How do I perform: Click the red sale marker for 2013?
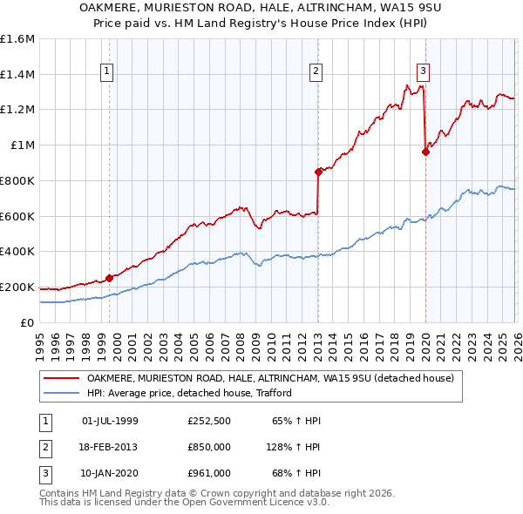(318, 172)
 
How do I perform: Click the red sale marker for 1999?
(109, 278)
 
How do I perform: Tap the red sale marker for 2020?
(425, 152)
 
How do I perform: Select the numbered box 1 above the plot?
(106, 71)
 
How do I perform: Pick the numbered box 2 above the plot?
(315, 71)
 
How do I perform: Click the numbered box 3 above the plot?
(423, 71)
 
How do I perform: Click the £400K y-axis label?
(17, 252)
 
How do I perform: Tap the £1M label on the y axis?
(22, 145)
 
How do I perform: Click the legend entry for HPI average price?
(188, 393)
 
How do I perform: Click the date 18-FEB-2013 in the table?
(109, 446)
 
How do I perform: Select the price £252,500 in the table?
(208, 421)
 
